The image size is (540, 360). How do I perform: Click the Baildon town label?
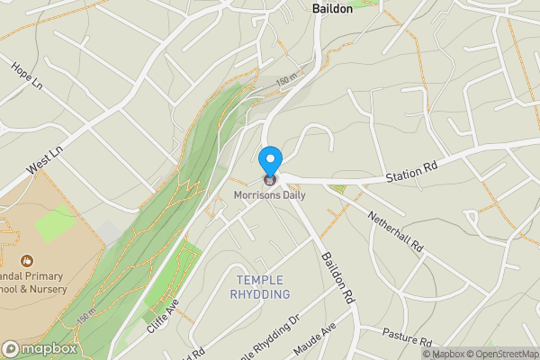click(332, 8)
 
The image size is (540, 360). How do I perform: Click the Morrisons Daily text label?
click(269, 194)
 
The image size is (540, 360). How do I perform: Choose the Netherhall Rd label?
click(393, 229)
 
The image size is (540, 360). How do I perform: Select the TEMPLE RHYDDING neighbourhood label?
click(260, 287)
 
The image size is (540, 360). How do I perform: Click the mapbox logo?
click(40, 349)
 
